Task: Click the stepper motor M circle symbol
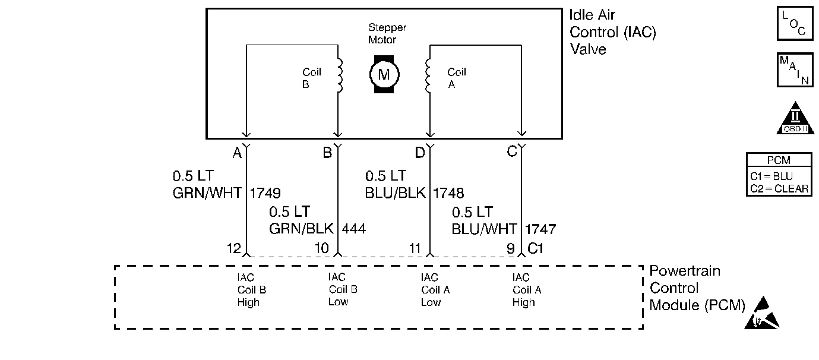pos(384,75)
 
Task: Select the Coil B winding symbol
pos(340,75)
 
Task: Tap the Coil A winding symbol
pos(428,75)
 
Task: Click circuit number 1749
pos(265,192)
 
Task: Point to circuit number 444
pos(354,229)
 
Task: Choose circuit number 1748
pos(448,192)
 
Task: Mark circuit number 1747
pos(540,229)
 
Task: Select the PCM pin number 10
pos(321,248)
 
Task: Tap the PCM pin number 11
pos(415,248)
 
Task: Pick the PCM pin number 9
pos(511,248)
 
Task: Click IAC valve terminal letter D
pos(420,153)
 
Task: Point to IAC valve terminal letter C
pos(512,153)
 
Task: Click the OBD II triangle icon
pos(795,119)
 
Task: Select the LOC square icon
pos(795,24)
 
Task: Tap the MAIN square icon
pos(795,70)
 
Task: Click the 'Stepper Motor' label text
pos(387,34)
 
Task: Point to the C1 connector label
pos(536,248)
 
